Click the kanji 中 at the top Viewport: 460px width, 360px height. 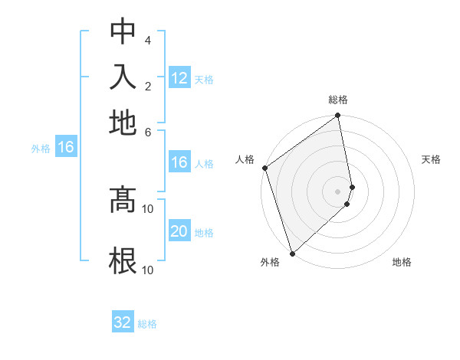(x=123, y=33)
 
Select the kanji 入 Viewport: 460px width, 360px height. (x=123, y=77)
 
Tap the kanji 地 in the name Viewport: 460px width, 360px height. (x=123, y=122)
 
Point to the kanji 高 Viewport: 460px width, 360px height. (x=123, y=201)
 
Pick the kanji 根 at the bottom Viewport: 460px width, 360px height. (x=123, y=260)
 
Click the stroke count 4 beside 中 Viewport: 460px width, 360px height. (x=147, y=40)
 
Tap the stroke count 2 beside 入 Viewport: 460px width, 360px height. (x=147, y=85)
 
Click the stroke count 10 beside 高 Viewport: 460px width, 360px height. (x=148, y=208)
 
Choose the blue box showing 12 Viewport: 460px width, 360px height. (x=179, y=78)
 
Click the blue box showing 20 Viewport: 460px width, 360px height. (x=179, y=231)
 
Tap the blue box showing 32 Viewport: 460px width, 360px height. (x=123, y=322)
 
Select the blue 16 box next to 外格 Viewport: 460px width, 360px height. (x=66, y=148)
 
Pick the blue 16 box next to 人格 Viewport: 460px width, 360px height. (x=179, y=162)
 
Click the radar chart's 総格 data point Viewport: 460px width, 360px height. (x=338, y=116)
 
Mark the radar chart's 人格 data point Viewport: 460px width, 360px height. (x=264, y=168)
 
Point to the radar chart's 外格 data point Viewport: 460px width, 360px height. (x=292, y=253)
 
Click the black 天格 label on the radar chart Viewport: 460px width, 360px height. (x=432, y=159)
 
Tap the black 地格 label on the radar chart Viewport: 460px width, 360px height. (x=402, y=262)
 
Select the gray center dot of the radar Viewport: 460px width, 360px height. (x=338, y=191)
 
